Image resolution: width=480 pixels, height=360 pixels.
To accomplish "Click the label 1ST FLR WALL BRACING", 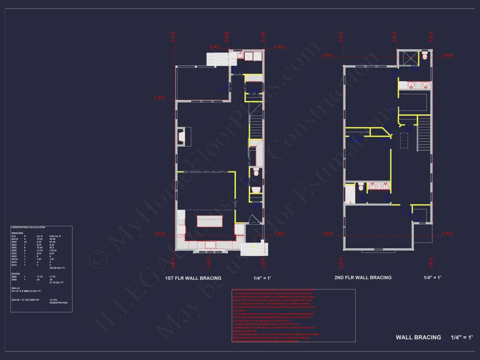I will click(193, 278).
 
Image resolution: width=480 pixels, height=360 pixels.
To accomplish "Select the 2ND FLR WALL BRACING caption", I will click(363, 278).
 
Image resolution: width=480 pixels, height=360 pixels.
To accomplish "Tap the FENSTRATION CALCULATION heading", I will click(28, 227).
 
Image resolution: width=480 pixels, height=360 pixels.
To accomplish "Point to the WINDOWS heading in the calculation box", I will click(17, 233).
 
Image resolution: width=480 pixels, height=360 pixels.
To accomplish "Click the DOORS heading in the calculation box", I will click(16, 274).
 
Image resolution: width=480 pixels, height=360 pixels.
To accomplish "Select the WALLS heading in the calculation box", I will click(16, 288).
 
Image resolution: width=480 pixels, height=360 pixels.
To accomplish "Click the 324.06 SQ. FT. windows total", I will click(58, 267).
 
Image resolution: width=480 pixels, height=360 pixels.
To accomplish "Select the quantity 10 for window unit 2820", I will click(25, 242).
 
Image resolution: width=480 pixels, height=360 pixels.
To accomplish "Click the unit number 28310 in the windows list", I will click(15, 239).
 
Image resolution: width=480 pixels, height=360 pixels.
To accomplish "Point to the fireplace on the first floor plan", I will click(184, 137).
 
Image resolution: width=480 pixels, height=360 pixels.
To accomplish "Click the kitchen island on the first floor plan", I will click(210, 221).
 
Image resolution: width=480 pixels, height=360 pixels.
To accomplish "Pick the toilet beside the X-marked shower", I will click(425, 55).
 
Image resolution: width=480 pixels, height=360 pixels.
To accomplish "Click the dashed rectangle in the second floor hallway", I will click(404, 141).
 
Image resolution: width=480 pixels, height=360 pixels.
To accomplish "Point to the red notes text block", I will click(293, 315).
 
